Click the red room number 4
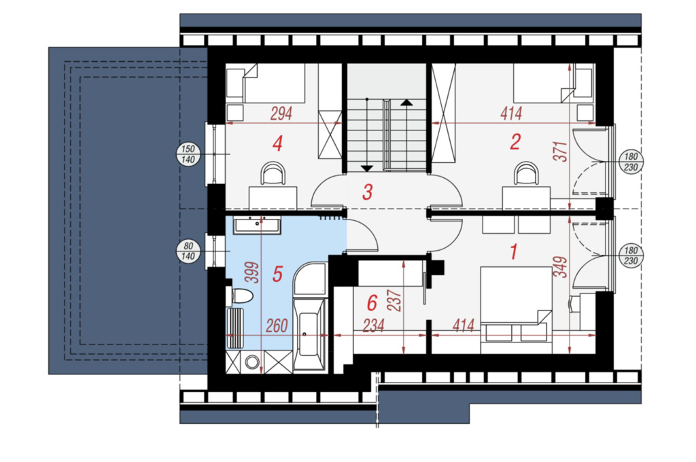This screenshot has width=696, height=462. [278, 143]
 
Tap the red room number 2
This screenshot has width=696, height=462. [515, 142]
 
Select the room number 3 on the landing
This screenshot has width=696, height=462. [367, 192]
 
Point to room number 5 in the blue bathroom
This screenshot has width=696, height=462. [277, 274]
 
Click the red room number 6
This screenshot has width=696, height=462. [372, 303]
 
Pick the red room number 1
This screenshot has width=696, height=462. [514, 251]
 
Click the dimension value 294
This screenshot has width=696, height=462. [281, 113]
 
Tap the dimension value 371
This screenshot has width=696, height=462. [561, 152]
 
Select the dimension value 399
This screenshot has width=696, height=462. [252, 273]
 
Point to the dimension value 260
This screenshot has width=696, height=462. [277, 326]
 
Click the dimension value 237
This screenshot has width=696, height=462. [395, 300]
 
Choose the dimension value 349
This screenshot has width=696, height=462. [561, 267]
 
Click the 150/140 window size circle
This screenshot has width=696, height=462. [188, 154]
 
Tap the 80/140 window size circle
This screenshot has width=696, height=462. [188, 251]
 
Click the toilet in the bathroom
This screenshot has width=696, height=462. [240, 296]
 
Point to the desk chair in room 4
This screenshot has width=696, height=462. [273, 173]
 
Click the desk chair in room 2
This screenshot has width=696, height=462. [527, 173]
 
